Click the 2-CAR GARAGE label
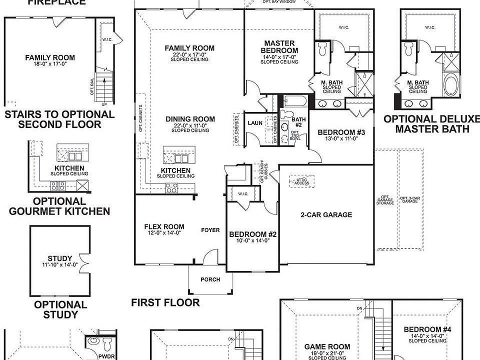326,215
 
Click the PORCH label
210,279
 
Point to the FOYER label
210,230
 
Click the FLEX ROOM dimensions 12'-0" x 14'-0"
164,232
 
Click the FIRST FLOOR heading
165,302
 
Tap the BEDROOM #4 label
427,329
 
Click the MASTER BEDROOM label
280,47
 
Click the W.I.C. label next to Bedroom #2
243,194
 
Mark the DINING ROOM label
190,119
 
